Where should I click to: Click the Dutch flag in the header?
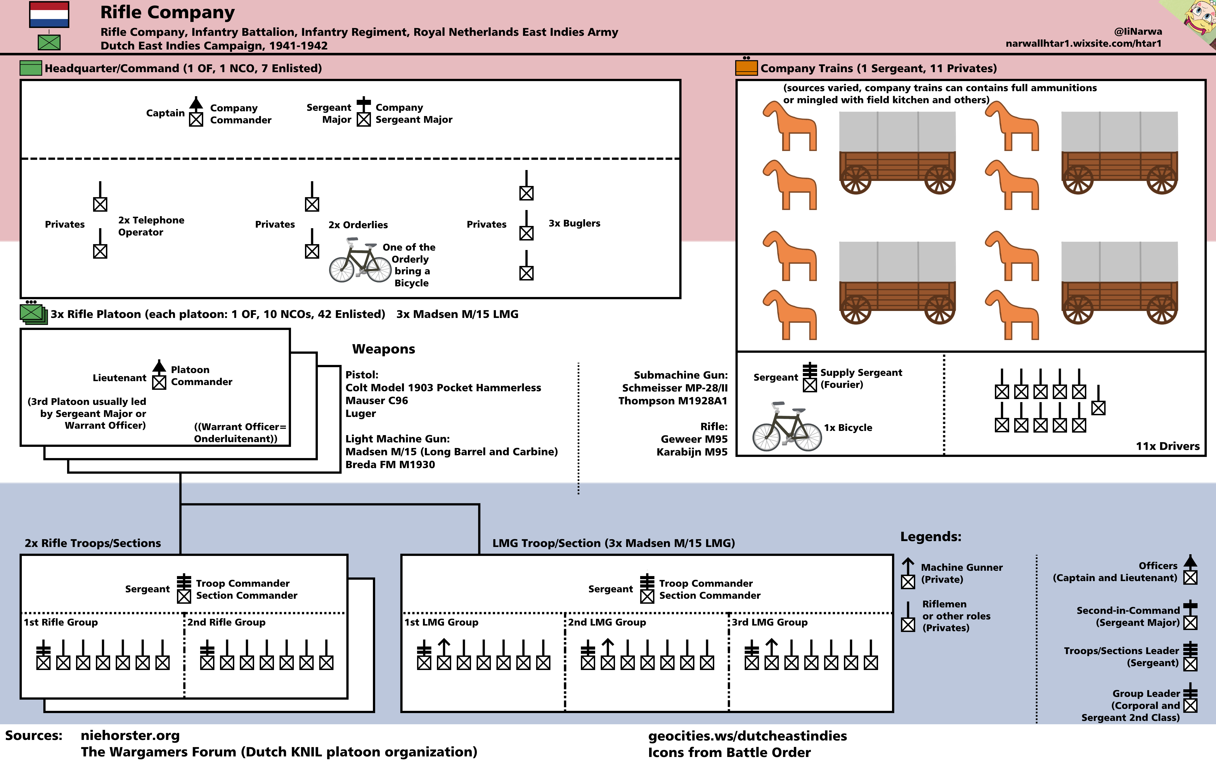point(49,15)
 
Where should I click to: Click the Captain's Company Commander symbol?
point(196,112)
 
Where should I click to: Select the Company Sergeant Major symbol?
point(364,112)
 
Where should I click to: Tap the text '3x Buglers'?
point(574,223)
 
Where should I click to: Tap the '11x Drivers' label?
point(1167,446)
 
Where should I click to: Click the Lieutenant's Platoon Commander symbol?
point(159,375)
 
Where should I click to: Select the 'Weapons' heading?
point(383,349)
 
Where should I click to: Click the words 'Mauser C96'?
point(376,401)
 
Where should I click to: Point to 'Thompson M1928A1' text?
point(673,401)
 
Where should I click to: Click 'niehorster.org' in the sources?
point(130,736)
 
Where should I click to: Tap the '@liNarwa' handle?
point(1138,31)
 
